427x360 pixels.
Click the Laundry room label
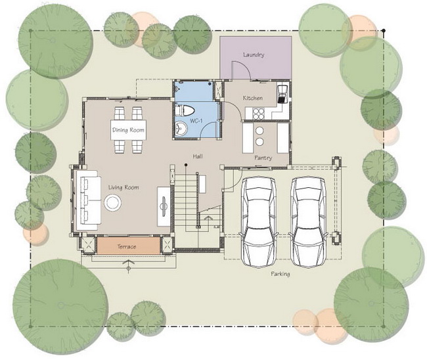tap(254, 55)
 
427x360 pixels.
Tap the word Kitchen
tap(253, 98)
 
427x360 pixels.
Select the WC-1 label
tap(196, 121)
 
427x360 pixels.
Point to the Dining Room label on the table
tap(128, 130)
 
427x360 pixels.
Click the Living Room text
tap(124, 187)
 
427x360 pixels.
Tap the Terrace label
tap(127, 247)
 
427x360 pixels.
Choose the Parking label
tap(281, 274)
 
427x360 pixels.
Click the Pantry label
tap(263, 158)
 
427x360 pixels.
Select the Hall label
tap(198, 156)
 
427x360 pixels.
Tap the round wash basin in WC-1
tap(180, 128)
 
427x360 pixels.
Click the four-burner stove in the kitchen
tap(258, 114)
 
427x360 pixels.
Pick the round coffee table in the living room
tap(112, 202)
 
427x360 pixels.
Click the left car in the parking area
tap(259, 221)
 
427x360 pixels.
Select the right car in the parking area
tap(309, 221)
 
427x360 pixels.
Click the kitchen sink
tap(282, 94)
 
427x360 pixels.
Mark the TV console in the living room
tap(164, 206)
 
